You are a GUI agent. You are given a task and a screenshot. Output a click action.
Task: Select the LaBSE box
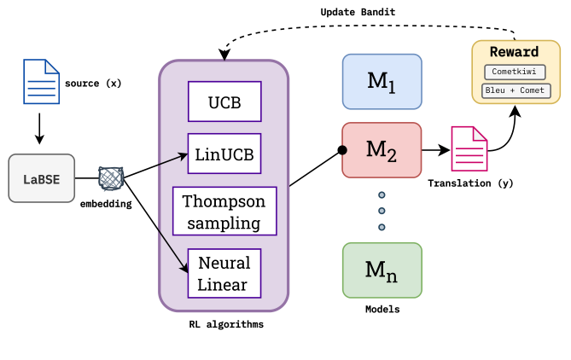tap(41, 177)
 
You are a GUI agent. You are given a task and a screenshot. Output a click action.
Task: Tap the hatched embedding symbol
tap(112, 178)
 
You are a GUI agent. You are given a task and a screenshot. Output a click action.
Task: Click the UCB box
tap(224, 103)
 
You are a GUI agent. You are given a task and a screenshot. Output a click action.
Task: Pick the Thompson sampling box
tap(224, 212)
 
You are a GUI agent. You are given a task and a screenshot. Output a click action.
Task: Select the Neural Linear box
tap(224, 273)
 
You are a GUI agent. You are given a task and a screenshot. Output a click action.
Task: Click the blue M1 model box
tap(382, 82)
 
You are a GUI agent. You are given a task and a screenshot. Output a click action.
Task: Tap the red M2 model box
tap(382, 150)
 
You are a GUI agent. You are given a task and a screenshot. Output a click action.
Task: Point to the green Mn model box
tap(382, 270)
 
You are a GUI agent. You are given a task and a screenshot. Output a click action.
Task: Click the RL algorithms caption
tap(225, 324)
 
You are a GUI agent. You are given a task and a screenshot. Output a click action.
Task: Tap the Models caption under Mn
tap(382, 310)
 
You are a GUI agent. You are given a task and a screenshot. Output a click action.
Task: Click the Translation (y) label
tap(470, 183)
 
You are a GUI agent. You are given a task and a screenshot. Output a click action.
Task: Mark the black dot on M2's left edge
tap(342, 151)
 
